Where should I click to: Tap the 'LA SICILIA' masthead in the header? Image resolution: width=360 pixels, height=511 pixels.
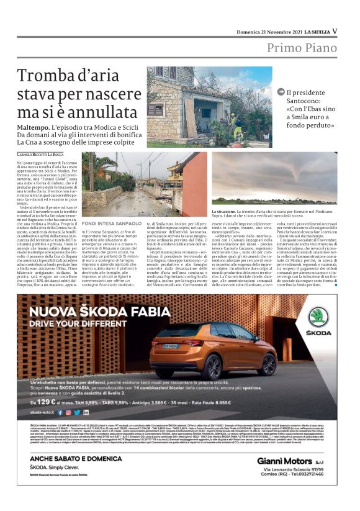point(313,32)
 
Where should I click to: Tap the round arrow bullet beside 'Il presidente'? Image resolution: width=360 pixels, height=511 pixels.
point(281,93)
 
